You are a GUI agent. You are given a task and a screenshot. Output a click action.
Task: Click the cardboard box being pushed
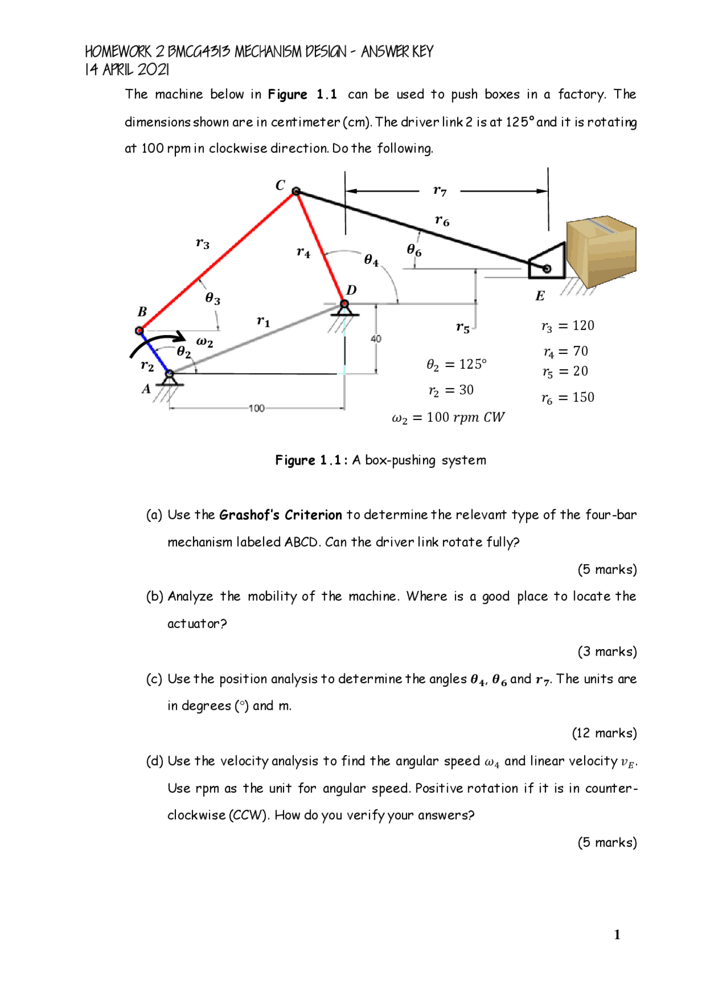(x=602, y=251)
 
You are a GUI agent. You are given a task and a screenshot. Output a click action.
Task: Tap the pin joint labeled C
(x=296, y=191)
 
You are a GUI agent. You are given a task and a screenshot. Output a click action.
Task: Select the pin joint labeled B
(x=140, y=331)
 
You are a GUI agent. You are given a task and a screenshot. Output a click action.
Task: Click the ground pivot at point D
(x=344, y=305)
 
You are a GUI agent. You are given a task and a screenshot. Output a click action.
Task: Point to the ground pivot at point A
(x=170, y=375)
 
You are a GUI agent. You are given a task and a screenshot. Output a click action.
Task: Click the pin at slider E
(x=547, y=269)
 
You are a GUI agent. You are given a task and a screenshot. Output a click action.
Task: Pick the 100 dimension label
(x=256, y=408)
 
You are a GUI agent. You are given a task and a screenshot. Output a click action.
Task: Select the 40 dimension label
(x=376, y=339)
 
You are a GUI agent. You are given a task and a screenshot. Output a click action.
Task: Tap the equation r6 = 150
(x=568, y=398)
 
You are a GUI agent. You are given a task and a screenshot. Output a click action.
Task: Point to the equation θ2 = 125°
(x=457, y=364)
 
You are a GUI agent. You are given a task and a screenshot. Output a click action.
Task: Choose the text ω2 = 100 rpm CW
(x=448, y=418)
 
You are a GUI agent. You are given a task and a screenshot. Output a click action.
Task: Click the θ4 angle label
(x=371, y=260)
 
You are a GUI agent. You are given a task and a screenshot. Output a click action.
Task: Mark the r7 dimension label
(x=440, y=191)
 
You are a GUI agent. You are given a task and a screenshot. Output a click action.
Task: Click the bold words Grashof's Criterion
(x=281, y=515)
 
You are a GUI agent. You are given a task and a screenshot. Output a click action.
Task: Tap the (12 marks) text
(x=604, y=733)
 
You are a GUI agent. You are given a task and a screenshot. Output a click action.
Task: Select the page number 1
(x=617, y=934)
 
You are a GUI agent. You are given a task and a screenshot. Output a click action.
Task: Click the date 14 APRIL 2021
(x=127, y=70)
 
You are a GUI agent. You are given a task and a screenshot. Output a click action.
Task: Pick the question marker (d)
(x=154, y=761)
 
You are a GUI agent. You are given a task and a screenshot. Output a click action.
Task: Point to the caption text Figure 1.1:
(x=312, y=460)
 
